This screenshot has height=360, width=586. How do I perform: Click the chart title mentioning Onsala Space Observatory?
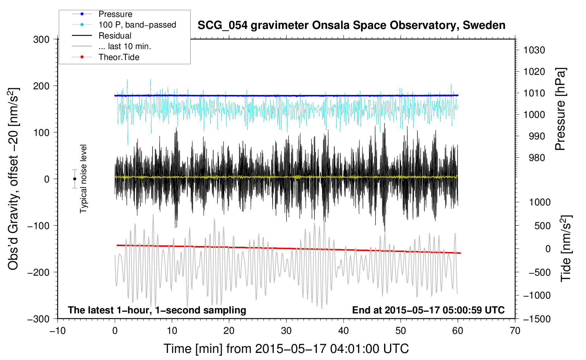point(351,25)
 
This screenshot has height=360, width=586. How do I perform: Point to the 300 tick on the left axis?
point(41,40)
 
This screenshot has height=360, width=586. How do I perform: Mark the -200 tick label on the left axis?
point(38,272)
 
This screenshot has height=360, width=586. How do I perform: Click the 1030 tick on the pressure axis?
point(534,50)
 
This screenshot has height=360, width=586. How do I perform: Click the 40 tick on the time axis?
point(343,331)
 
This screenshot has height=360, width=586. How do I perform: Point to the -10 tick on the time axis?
point(58,331)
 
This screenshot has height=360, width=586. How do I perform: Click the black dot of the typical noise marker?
point(74,179)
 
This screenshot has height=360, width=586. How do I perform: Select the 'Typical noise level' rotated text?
point(83,179)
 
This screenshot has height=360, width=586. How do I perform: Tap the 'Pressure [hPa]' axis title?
point(560,109)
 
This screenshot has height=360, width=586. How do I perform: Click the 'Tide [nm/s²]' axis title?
point(566,248)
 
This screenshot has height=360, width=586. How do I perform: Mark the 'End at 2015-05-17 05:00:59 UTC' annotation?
point(428,310)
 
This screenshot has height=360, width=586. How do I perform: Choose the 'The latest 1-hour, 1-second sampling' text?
point(157,310)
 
